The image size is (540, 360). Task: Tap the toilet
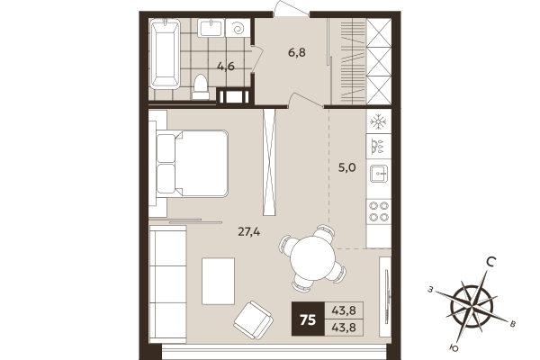202,86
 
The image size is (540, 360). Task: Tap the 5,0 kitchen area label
347,166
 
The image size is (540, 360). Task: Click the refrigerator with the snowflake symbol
379,121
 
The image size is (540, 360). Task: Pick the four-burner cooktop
379,211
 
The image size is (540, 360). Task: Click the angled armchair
254,316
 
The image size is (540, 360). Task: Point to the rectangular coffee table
218,280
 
